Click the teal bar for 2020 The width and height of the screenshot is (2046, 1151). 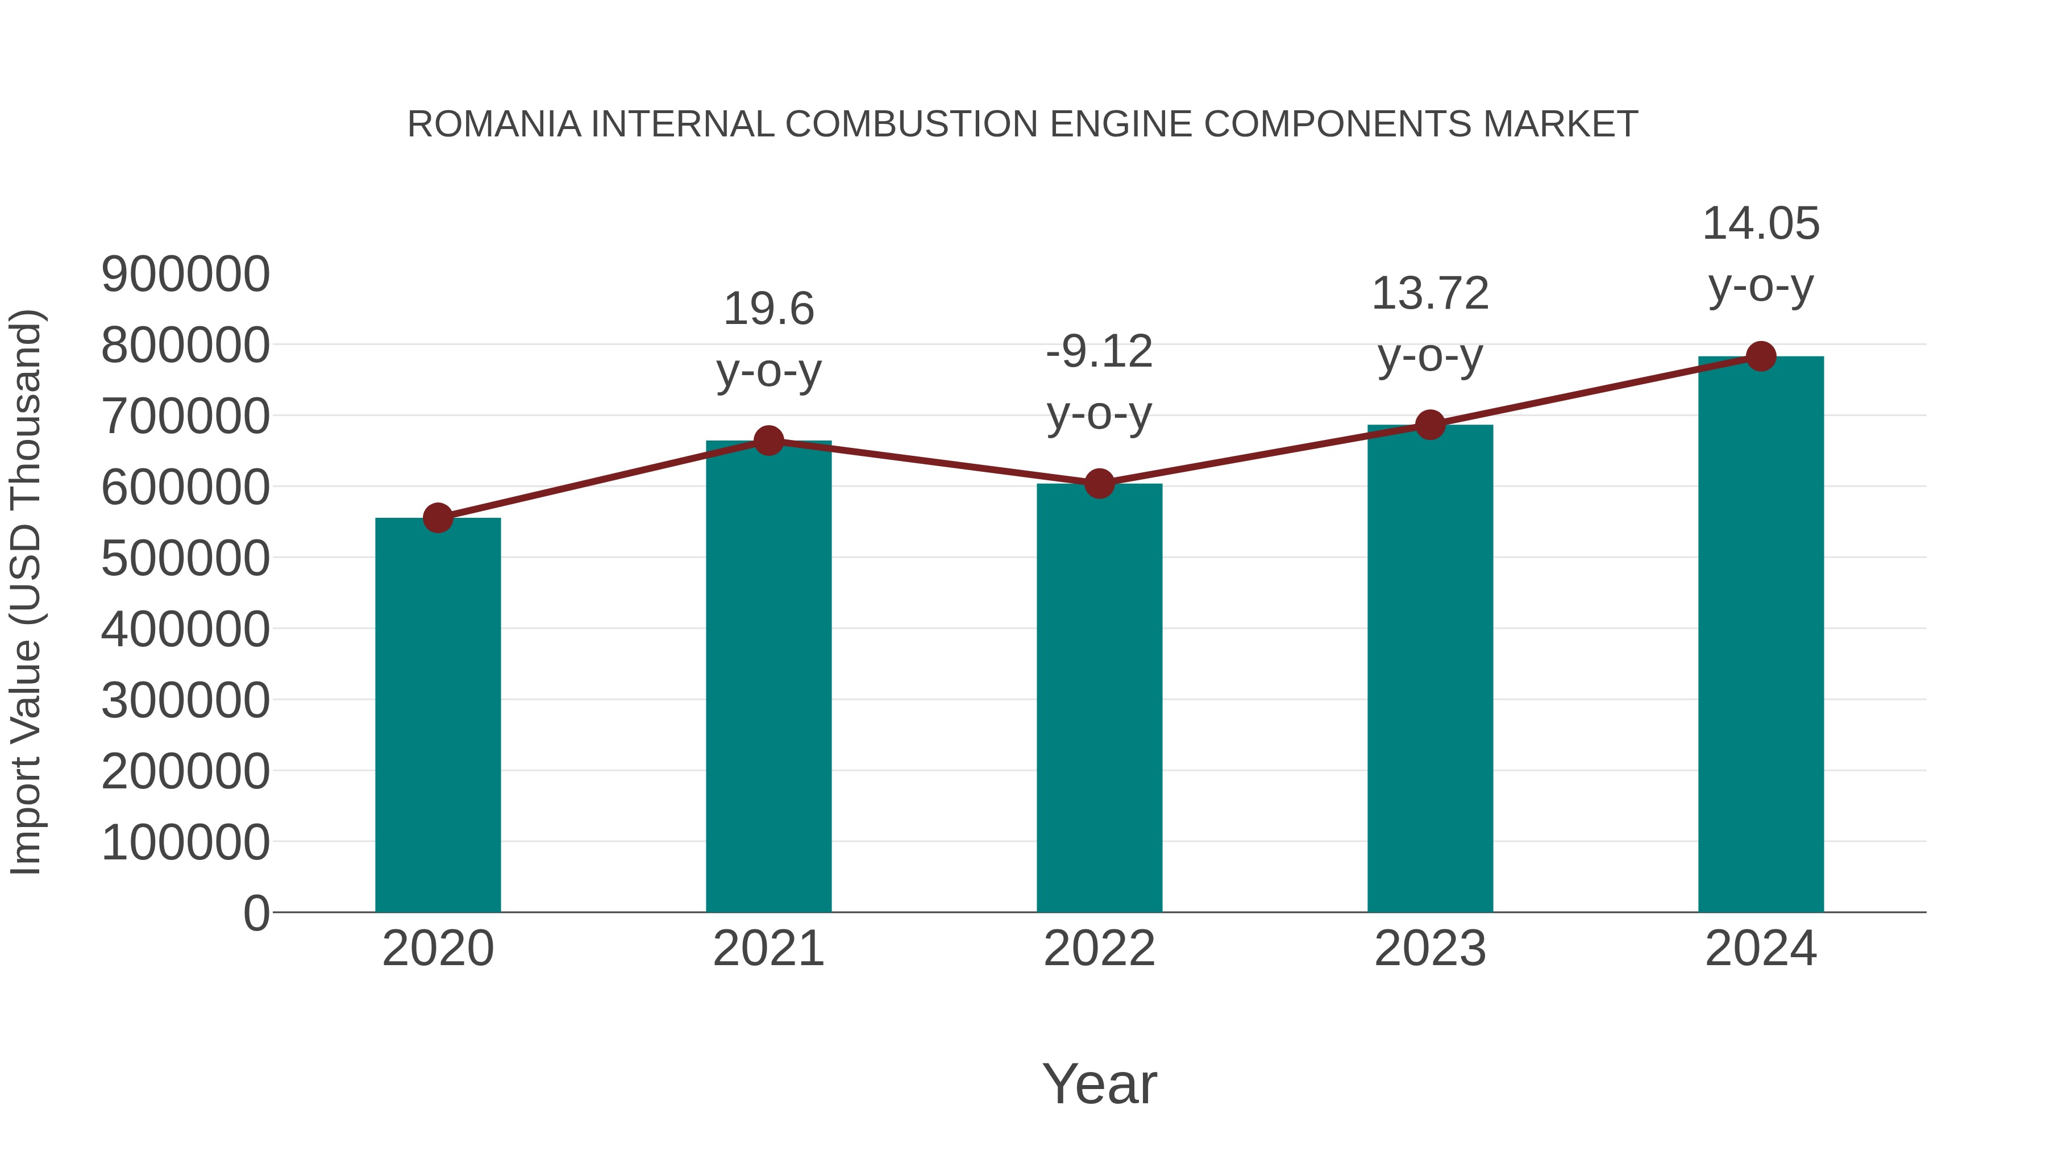coord(438,715)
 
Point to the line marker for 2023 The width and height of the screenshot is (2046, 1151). coord(1430,425)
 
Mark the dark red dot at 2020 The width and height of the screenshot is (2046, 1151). coord(438,518)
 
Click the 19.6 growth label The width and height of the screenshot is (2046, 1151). coord(768,309)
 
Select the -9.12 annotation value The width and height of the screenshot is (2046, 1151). coord(1099,352)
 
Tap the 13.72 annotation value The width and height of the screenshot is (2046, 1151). coord(1430,294)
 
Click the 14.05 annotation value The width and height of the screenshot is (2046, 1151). coord(1761,223)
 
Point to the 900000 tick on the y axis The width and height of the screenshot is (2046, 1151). coord(186,275)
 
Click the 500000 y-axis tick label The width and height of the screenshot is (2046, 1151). coord(186,558)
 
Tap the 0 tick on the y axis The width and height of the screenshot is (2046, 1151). coord(256,913)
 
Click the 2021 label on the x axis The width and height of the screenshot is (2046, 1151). coord(768,949)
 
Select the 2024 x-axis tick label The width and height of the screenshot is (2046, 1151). coord(1761,949)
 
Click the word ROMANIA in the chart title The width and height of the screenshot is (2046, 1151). coord(493,124)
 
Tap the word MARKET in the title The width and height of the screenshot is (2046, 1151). coord(1560,124)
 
